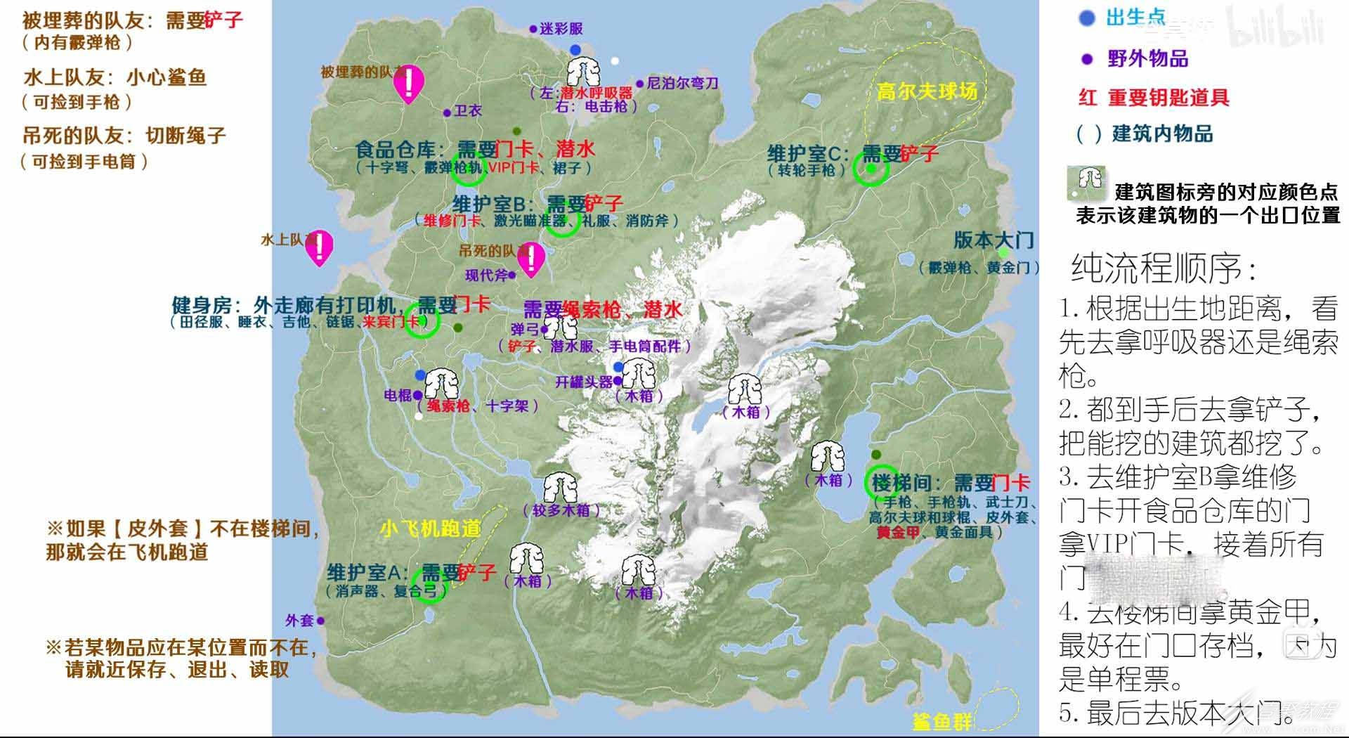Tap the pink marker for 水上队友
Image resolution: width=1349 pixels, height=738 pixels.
pyautogui.click(x=320, y=247)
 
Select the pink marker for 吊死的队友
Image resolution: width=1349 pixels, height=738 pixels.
pyautogui.click(x=531, y=259)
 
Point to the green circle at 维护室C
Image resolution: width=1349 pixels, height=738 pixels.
pyautogui.click(x=871, y=169)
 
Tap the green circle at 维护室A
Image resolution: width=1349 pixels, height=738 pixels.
pyautogui.click(x=429, y=585)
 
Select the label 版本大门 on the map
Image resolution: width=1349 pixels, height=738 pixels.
pyautogui.click(x=993, y=240)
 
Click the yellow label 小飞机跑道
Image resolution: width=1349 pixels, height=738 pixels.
pyautogui.click(x=431, y=528)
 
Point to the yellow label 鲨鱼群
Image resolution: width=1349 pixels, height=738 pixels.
pyautogui.click(x=941, y=721)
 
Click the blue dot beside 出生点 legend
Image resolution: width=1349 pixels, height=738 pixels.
pyautogui.click(x=1087, y=18)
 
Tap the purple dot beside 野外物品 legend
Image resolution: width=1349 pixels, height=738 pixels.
pyautogui.click(x=1087, y=59)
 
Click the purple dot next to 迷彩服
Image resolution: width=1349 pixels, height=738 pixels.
pyautogui.click(x=533, y=30)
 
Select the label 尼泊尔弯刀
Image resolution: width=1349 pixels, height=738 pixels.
pyautogui.click(x=682, y=84)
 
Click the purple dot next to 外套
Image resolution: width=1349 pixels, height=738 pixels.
pyautogui.click(x=320, y=621)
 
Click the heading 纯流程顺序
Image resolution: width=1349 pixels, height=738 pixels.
pyautogui.click(x=1164, y=268)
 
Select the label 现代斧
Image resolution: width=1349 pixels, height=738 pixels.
pyautogui.click(x=486, y=276)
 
